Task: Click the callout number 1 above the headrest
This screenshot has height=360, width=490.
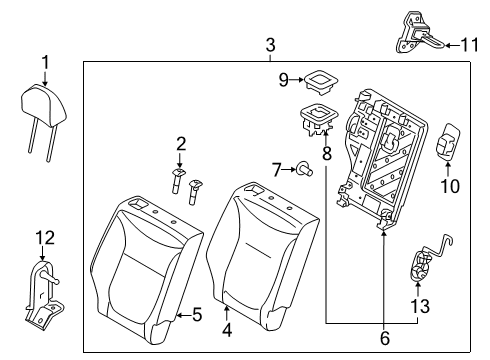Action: click(45, 64)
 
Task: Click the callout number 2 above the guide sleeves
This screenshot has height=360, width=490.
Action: click(181, 142)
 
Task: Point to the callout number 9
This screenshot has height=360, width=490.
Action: click(283, 77)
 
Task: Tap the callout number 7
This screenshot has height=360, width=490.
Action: click(278, 167)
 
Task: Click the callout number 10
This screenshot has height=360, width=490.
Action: click(449, 185)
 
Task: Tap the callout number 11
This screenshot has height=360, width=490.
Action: click(467, 43)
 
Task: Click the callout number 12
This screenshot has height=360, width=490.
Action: click(41, 237)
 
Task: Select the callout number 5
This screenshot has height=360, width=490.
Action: click(197, 315)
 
